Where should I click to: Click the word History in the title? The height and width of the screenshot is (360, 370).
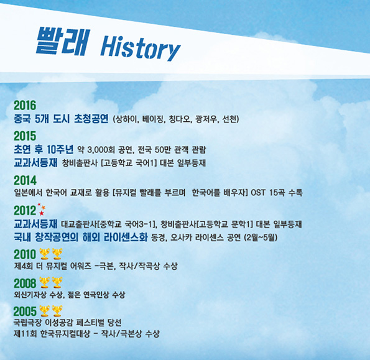click(141, 48)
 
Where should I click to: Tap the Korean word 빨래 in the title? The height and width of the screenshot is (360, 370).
click(63, 41)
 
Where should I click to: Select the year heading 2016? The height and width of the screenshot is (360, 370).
click(25, 105)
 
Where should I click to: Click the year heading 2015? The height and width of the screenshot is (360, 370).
click(25, 136)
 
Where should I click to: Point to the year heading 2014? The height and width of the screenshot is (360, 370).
click(25, 180)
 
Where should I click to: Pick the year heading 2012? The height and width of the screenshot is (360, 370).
click(25, 210)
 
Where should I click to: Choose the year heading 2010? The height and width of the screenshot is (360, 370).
click(25, 254)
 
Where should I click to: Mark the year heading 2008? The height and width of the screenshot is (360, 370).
click(25, 284)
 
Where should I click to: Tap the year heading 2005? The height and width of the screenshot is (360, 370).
click(25, 312)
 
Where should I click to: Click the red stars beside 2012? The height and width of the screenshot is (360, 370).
click(42, 210)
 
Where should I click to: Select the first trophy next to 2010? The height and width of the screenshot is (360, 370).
click(44, 254)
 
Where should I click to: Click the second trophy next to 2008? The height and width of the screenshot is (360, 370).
click(57, 283)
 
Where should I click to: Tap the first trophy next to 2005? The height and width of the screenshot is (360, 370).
click(44, 311)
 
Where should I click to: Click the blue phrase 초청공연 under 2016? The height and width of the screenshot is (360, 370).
click(91, 118)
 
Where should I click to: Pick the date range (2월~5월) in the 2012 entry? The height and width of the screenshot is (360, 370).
click(261, 238)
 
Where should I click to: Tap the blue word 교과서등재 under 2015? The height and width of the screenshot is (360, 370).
click(35, 162)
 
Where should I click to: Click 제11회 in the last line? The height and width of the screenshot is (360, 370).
click(25, 334)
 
